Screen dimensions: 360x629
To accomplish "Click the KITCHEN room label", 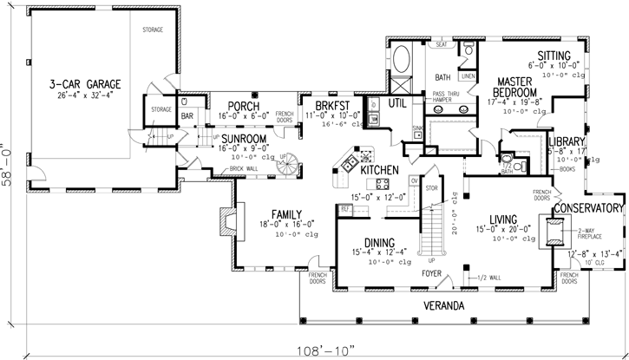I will click(x=378, y=171).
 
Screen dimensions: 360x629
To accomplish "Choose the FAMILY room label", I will click(x=285, y=213).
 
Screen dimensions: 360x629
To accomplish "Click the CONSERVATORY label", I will click(x=589, y=208).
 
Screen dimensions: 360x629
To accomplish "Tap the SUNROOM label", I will click(x=242, y=138).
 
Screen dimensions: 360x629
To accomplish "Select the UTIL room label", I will click(x=397, y=103).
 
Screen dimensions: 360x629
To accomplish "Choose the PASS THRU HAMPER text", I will click(x=436, y=95).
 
